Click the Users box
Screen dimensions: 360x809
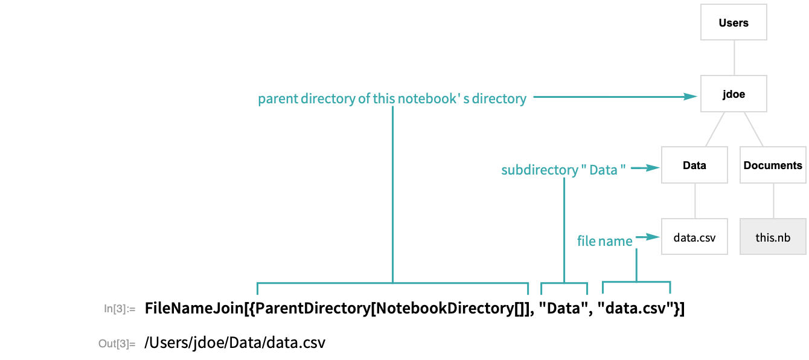point(734,23)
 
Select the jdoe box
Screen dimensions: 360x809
point(734,94)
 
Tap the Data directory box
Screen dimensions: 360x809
point(694,165)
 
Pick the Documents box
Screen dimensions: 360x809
point(773,165)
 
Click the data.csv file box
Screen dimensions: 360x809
point(694,237)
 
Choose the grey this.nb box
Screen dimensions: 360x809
point(773,237)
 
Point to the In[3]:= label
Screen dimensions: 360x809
point(120,309)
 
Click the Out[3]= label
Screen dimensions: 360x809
point(117,344)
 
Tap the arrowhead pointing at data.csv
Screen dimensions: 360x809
point(654,237)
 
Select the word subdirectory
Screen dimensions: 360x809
point(539,170)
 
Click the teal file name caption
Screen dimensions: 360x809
point(604,241)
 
